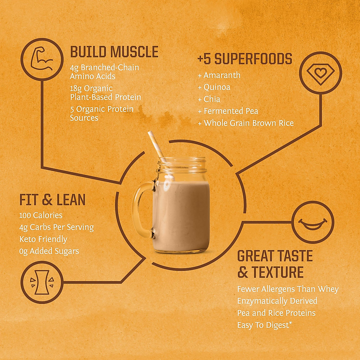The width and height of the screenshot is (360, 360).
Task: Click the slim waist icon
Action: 42,282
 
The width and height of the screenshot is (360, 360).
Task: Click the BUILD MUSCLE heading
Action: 114,52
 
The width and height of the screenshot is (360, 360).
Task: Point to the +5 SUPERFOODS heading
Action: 245,59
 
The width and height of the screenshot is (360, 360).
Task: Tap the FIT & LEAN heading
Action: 52,200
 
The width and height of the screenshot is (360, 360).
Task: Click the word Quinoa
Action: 217,87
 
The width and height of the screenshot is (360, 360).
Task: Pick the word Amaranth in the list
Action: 222,75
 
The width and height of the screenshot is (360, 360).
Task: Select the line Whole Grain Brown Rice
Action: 248,123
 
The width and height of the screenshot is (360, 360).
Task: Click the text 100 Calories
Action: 41,215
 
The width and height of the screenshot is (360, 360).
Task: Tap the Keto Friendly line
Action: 43,239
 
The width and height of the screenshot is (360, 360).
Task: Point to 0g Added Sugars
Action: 49,251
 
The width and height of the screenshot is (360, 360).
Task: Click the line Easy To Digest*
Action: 265,325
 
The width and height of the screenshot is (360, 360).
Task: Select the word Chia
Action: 212,99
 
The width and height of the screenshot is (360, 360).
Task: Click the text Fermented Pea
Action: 231,111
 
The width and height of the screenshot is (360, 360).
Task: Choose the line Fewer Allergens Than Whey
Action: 288,289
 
